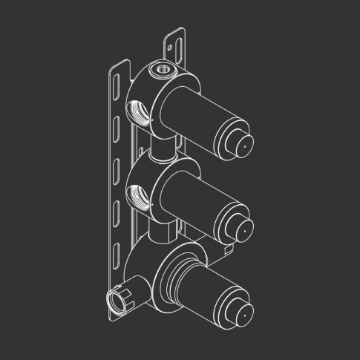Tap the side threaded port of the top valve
tap(139, 112)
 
